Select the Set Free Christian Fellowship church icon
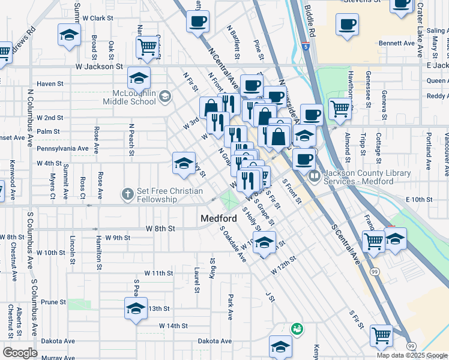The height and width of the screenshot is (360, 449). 127,194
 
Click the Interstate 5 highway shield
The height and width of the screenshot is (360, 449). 306,46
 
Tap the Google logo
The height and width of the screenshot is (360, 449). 20,353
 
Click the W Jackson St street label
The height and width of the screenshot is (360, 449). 99,67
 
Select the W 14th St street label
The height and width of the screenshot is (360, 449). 173,326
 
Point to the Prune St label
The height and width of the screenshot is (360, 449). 53,302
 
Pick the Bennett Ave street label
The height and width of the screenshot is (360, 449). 397,43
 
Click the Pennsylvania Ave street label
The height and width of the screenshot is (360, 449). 62,148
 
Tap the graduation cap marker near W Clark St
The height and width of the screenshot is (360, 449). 70,34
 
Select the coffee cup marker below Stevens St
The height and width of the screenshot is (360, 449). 347,25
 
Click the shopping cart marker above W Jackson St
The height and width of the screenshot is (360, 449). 147,46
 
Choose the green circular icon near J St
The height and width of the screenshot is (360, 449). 296,328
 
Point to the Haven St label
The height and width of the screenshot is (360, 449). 50,84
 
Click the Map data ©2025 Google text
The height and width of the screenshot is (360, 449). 411,355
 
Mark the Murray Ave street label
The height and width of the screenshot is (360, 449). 59,358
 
